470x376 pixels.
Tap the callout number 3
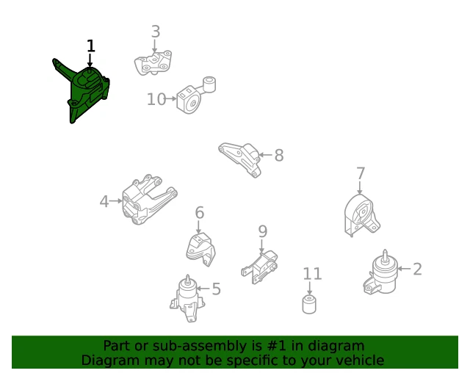pyautogui.click(x=156, y=32)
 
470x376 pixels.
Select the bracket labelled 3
pyautogui.click(x=153, y=63)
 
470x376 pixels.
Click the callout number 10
pyautogui.click(x=156, y=99)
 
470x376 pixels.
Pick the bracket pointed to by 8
pyautogui.click(x=241, y=159)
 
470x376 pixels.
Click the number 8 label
pyautogui.click(x=279, y=155)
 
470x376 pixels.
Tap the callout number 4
pyautogui.click(x=104, y=201)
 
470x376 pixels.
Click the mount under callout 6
pyautogui.click(x=200, y=250)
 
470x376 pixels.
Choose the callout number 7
pyautogui.click(x=361, y=173)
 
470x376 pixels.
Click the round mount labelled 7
pyautogui.click(x=361, y=215)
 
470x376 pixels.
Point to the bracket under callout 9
pyautogui.click(x=260, y=267)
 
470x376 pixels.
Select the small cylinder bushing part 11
pyautogui.click(x=309, y=304)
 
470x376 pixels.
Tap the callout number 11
pyautogui.click(x=312, y=274)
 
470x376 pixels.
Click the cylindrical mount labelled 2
pyautogui.click(x=382, y=272)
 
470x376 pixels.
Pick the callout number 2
pyautogui.click(x=418, y=269)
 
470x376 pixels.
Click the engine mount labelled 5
pyautogui.click(x=188, y=298)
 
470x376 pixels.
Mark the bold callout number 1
pyautogui.click(x=91, y=46)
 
